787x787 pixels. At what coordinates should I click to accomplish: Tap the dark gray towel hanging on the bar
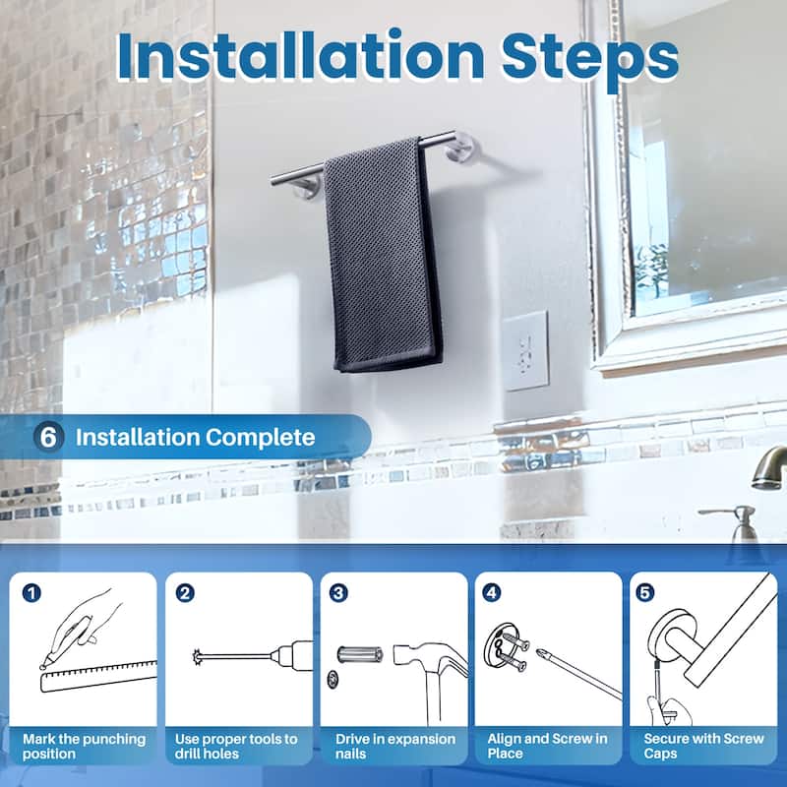(384, 256)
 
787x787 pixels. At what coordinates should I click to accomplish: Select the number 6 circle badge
(48, 437)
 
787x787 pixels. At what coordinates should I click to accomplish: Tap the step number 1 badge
(32, 593)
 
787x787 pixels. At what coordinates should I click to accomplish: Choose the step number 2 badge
(184, 593)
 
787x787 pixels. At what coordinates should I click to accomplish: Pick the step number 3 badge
(339, 593)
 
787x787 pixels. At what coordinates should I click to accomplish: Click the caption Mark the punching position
(85, 746)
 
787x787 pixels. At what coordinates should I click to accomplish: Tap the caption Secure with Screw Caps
(703, 746)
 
